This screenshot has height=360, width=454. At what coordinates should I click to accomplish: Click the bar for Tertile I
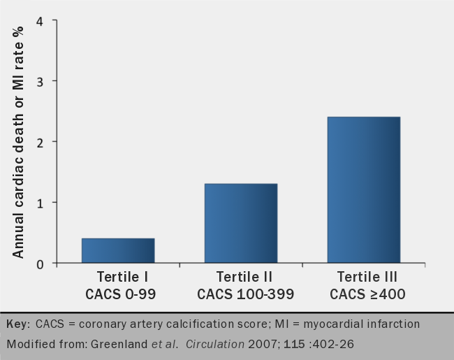click(118, 250)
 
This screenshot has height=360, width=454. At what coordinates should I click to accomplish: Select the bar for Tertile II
click(241, 223)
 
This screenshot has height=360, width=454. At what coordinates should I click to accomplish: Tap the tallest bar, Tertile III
click(364, 189)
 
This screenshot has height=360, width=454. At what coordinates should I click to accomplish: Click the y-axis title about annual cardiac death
click(18, 140)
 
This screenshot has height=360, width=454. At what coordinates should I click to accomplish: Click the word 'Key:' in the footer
click(18, 324)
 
